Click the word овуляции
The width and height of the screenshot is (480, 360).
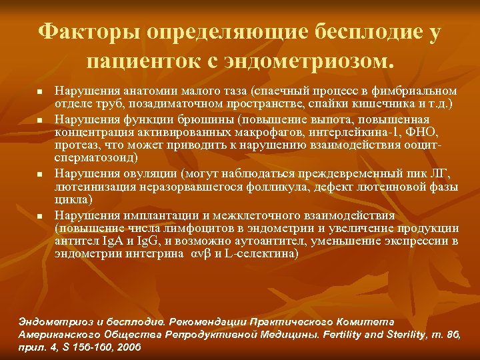click(x=144, y=175)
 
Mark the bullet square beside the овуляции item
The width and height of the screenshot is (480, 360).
click(x=40, y=175)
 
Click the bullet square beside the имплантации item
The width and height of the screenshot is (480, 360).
click(x=40, y=217)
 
